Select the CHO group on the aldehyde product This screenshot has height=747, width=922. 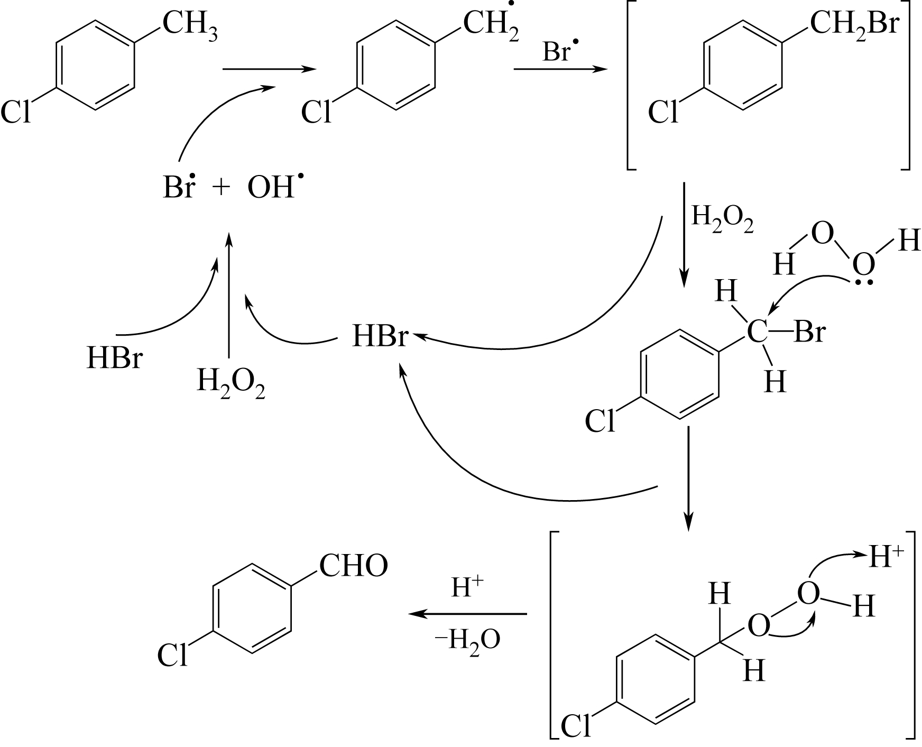[x=353, y=566]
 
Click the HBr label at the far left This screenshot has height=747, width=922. [x=115, y=358]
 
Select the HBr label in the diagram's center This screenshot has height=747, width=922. [x=380, y=337]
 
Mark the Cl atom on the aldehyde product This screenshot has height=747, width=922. [x=172, y=656]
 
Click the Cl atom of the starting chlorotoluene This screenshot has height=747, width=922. [x=16, y=113]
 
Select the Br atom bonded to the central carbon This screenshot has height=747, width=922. [x=809, y=333]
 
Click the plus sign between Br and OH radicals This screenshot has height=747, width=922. [x=220, y=187]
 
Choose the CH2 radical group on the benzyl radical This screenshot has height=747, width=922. [x=490, y=24]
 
